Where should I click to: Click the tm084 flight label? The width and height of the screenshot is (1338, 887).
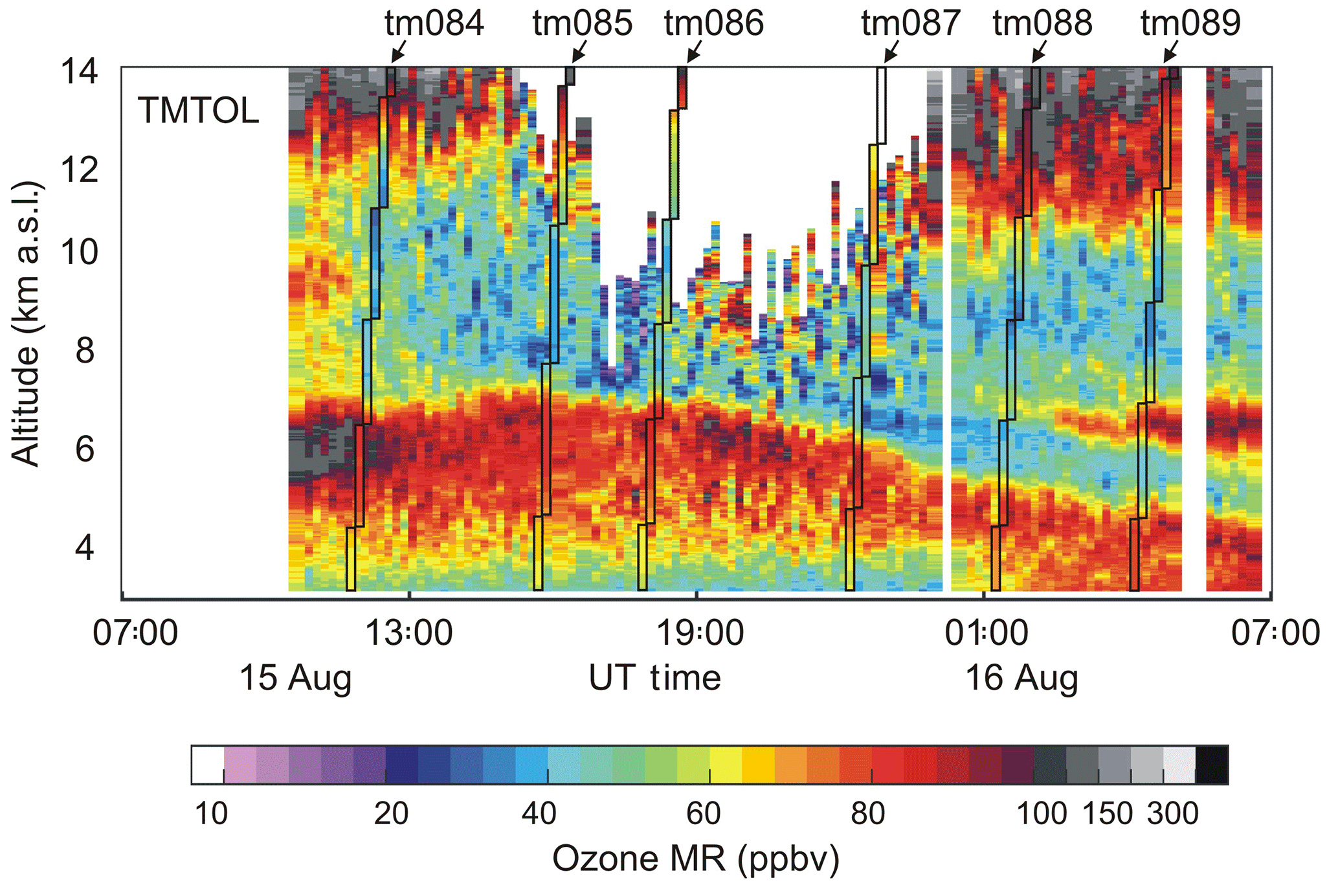coord(434,23)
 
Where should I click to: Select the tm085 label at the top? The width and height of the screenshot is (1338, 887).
coord(582,23)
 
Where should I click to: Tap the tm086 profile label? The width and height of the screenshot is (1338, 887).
coord(714,23)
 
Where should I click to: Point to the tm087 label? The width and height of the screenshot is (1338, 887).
coord(911,23)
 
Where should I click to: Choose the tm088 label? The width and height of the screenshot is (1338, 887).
coord(1043,23)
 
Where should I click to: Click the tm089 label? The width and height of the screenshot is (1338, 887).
coord(1190,23)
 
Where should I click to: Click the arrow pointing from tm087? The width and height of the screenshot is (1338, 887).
coord(891,51)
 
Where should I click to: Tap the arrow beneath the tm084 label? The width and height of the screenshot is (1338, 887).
coord(399,51)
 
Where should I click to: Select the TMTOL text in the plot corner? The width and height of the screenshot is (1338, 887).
coord(198,111)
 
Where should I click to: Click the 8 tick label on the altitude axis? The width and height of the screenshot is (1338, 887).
coord(85,351)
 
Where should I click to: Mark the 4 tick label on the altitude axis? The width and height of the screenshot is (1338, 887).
coord(85,548)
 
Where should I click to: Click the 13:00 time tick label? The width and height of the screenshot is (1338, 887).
coord(409,633)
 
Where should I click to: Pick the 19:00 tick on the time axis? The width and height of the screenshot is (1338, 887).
coord(699,633)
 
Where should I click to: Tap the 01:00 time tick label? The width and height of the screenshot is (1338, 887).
coord(987,633)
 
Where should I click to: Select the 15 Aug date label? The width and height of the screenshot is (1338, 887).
coord(295,679)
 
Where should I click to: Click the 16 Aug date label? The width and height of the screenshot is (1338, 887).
coord(1021,679)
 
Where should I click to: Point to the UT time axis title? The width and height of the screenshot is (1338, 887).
coord(654,679)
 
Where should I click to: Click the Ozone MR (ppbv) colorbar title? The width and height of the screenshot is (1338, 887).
coord(696,859)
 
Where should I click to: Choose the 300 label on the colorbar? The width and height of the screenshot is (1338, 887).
coord(1173,813)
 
